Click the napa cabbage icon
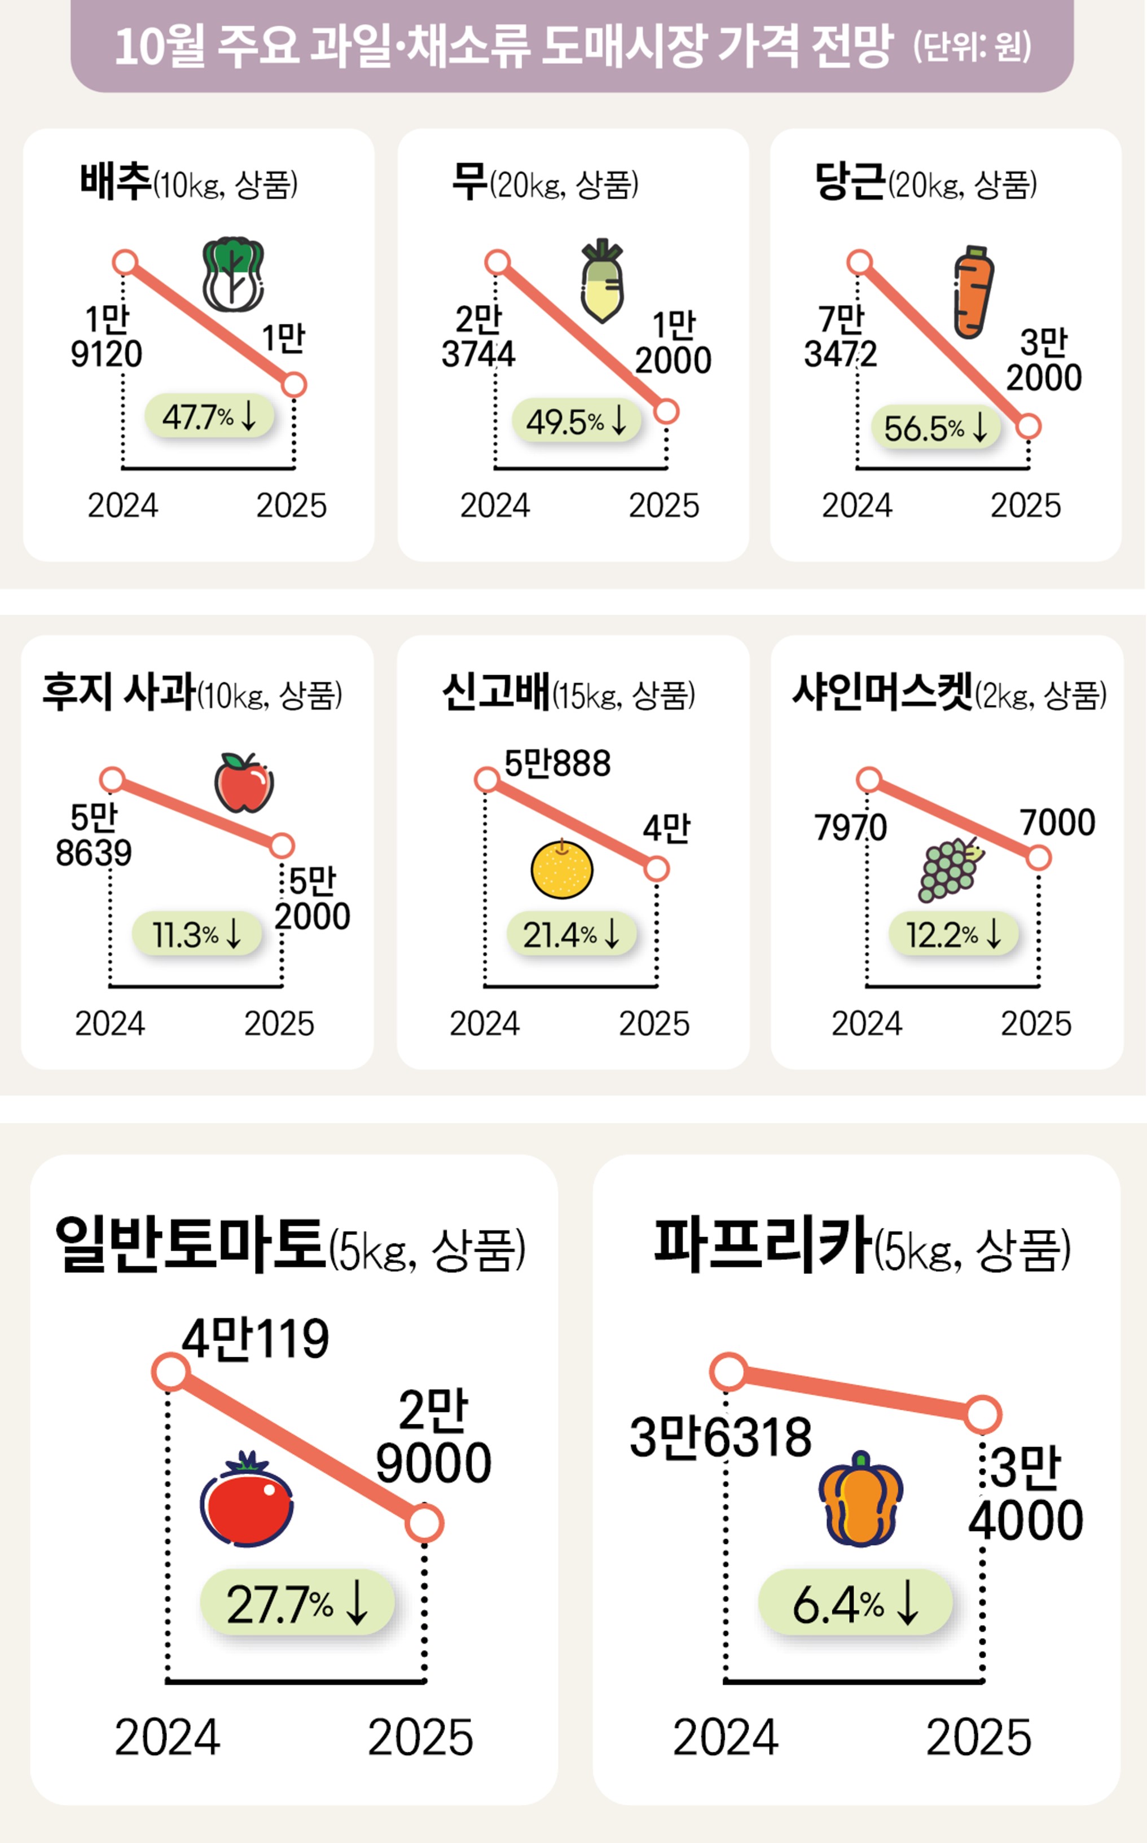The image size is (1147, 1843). [233, 275]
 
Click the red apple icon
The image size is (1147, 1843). [244, 782]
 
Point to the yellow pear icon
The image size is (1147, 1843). [561, 869]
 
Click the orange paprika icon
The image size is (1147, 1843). [860, 1499]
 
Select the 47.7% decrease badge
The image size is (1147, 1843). [209, 416]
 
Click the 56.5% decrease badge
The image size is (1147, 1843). [935, 428]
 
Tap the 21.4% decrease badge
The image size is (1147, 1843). [571, 934]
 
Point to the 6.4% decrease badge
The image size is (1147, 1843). [855, 1603]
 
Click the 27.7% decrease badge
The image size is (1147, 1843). [297, 1603]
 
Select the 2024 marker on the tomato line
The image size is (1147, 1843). [171, 1372]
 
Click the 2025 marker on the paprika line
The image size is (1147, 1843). [983, 1414]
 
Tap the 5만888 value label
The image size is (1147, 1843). [557, 764]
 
